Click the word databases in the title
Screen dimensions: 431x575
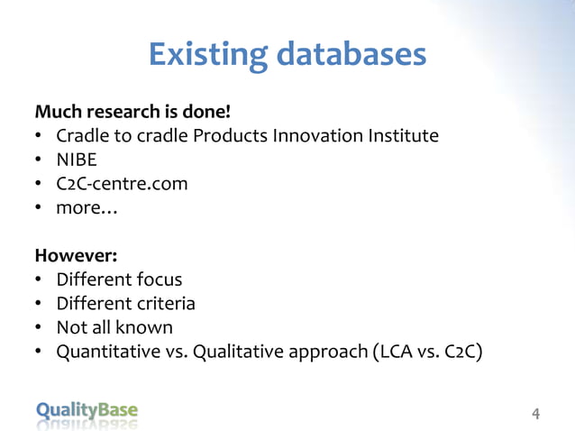[351, 55]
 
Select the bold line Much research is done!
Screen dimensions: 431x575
[132, 113]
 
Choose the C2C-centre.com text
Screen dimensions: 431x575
[122, 184]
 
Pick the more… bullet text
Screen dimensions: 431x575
[87, 207]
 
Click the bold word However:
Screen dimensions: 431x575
[76, 255]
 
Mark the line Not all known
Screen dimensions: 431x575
[114, 326]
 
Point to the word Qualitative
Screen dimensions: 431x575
[245, 351]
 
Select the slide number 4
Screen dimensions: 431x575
[536, 415]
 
